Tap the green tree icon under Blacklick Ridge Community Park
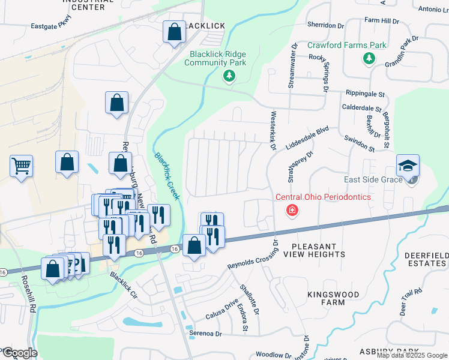tap(228, 76)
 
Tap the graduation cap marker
tap(408, 165)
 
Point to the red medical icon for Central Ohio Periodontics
tap(292, 210)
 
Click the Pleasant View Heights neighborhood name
tap(318, 250)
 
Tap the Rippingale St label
tap(365, 94)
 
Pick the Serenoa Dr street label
tap(206, 333)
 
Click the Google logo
tap(19, 353)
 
